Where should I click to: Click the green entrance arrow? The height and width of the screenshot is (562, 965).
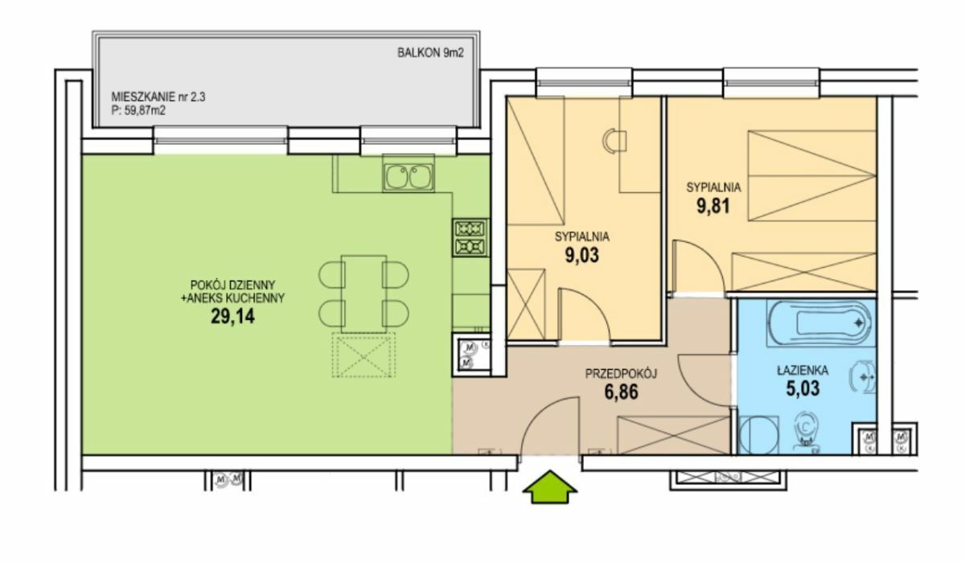click(x=550, y=487)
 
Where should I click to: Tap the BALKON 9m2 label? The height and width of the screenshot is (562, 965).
click(x=430, y=53)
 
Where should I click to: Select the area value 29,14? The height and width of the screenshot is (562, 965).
click(x=232, y=317)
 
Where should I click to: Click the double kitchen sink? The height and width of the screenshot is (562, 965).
click(x=409, y=177)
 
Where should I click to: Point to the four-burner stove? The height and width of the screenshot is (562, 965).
click(x=470, y=238)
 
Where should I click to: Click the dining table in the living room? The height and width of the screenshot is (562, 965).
click(x=363, y=294)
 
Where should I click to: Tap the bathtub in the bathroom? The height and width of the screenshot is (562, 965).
click(x=819, y=323)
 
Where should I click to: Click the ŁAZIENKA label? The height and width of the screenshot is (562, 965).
click(x=803, y=371)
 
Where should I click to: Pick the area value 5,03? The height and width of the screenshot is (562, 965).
click(x=803, y=388)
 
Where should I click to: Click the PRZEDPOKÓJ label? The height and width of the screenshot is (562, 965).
click(x=621, y=374)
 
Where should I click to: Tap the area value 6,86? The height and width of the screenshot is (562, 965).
click(x=621, y=392)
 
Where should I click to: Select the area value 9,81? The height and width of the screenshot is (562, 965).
click(x=713, y=206)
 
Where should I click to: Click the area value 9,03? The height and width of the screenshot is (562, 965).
click(x=582, y=255)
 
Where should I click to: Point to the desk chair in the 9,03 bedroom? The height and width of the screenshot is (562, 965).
click(x=614, y=141)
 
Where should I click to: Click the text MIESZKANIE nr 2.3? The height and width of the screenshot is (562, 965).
click(x=158, y=97)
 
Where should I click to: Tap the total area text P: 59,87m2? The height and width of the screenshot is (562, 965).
click(x=138, y=111)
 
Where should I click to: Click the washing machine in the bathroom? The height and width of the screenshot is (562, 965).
click(x=758, y=435)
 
